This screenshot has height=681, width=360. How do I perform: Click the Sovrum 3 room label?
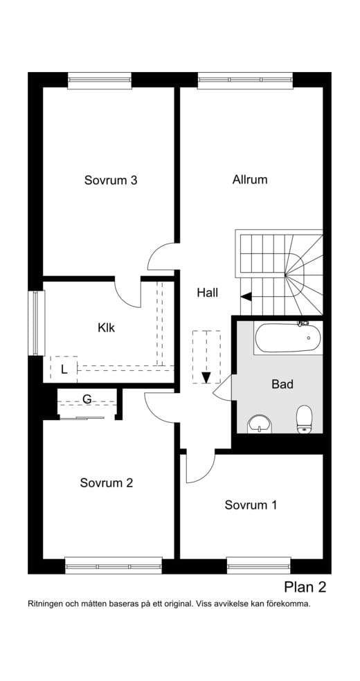[111, 180]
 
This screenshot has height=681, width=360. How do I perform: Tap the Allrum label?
[250, 179]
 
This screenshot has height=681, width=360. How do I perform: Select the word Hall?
[207, 293]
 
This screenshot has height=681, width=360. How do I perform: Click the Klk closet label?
[106, 327]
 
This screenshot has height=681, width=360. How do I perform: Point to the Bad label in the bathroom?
[282, 384]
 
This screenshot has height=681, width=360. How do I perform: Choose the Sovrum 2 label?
[106, 483]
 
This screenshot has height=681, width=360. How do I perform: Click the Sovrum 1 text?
[251, 505]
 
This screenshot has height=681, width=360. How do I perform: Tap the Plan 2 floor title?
[305, 588]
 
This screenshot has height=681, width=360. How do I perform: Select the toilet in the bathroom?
[305, 419]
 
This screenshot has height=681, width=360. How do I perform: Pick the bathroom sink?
[259, 422]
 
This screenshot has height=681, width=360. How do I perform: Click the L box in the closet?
[64, 369]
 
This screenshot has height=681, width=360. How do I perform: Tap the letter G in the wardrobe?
[87, 399]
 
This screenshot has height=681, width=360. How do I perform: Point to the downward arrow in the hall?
[206, 376]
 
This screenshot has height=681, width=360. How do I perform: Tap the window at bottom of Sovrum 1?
[258, 565]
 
